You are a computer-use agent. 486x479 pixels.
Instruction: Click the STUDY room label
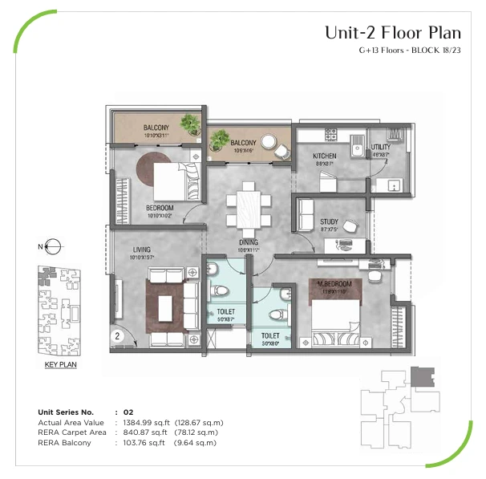point(329,221)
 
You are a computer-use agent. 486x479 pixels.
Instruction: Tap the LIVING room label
point(142,250)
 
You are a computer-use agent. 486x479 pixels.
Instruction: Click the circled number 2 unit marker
point(118,336)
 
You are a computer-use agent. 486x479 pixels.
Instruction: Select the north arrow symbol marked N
point(50,246)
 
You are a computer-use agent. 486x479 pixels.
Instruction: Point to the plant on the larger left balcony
point(190,124)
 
